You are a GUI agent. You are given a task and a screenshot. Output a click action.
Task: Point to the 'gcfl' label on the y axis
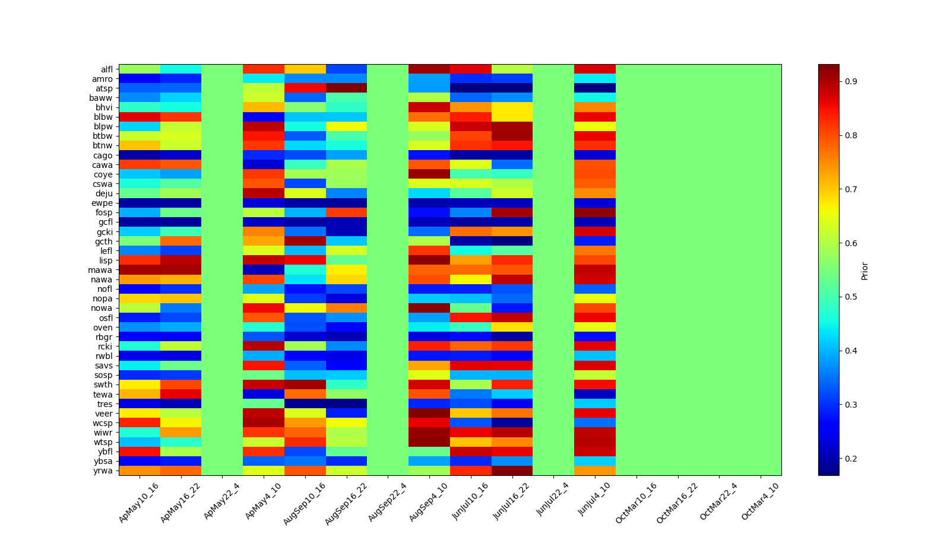tap(105, 222)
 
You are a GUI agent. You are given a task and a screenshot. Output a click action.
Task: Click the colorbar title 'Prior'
tap(864, 271)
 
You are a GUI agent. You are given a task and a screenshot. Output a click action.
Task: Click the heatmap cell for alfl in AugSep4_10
tap(429, 69)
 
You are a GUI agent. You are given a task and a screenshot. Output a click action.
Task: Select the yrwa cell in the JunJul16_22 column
tap(512, 471)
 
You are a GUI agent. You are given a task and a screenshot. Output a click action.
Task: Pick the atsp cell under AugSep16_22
tap(346, 88)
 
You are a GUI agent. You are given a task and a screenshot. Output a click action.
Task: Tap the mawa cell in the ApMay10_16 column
tap(140, 270)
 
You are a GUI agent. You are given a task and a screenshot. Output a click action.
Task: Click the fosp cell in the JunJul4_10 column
tap(595, 212)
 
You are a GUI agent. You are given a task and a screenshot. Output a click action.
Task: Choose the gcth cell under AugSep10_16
tap(305, 241)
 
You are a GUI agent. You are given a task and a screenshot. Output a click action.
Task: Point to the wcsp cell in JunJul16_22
tap(512, 422)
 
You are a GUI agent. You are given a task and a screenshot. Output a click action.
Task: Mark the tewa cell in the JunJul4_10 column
tap(595, 394)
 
